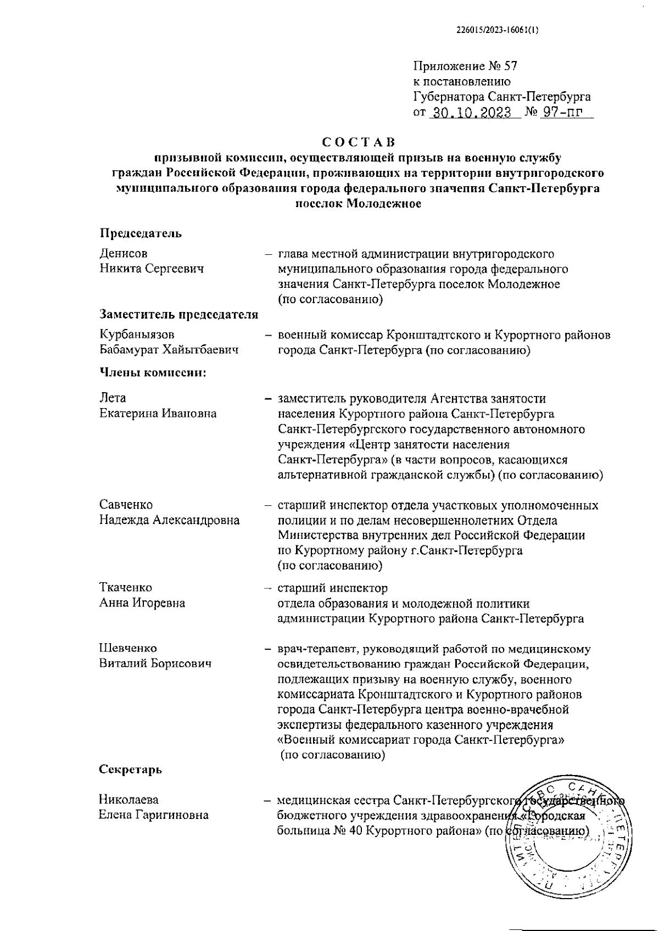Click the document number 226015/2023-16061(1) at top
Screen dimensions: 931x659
(497, 31)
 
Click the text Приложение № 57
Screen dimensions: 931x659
(465, 66)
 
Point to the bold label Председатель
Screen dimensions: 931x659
(141, 233)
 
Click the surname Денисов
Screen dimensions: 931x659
(124, 254)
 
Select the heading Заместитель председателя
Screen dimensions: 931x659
(178, 314)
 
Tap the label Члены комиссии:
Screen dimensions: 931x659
(153, 373)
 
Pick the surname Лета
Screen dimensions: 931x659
(113, 398)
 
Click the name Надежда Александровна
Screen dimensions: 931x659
(169, 520)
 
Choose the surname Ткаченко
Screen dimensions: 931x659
(126, 588)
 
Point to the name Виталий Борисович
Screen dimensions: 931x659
(155, 663)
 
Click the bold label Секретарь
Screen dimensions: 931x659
(130, 769)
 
